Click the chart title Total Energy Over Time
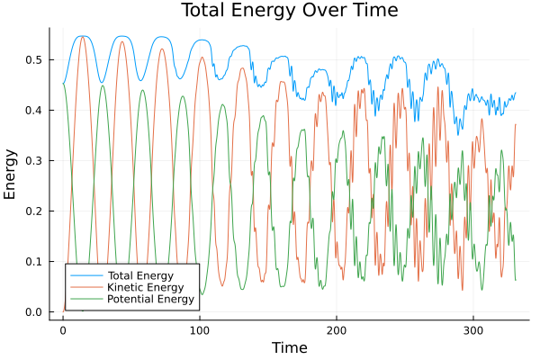(270, 11)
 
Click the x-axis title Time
(289, 347)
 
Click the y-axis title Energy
(12, 174)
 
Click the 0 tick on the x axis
(62, 330)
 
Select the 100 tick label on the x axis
(199, 330)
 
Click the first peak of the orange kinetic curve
(82, 37)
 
